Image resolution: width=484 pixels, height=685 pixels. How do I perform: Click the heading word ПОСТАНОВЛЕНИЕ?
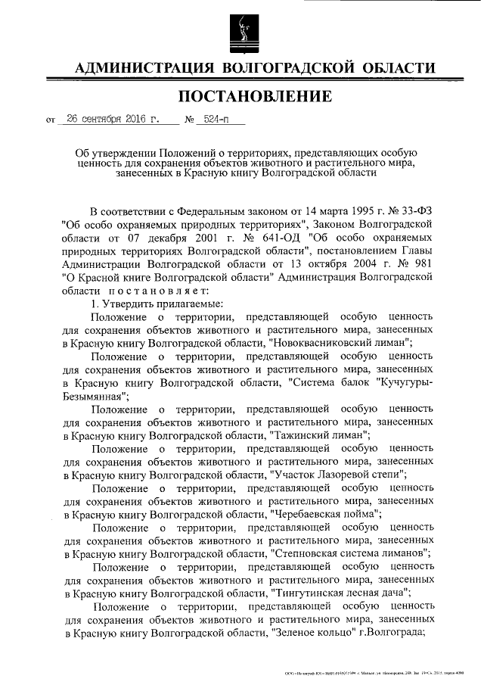254,97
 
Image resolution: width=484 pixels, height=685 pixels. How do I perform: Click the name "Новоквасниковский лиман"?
341,342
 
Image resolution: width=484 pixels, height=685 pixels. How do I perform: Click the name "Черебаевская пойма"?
324,514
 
